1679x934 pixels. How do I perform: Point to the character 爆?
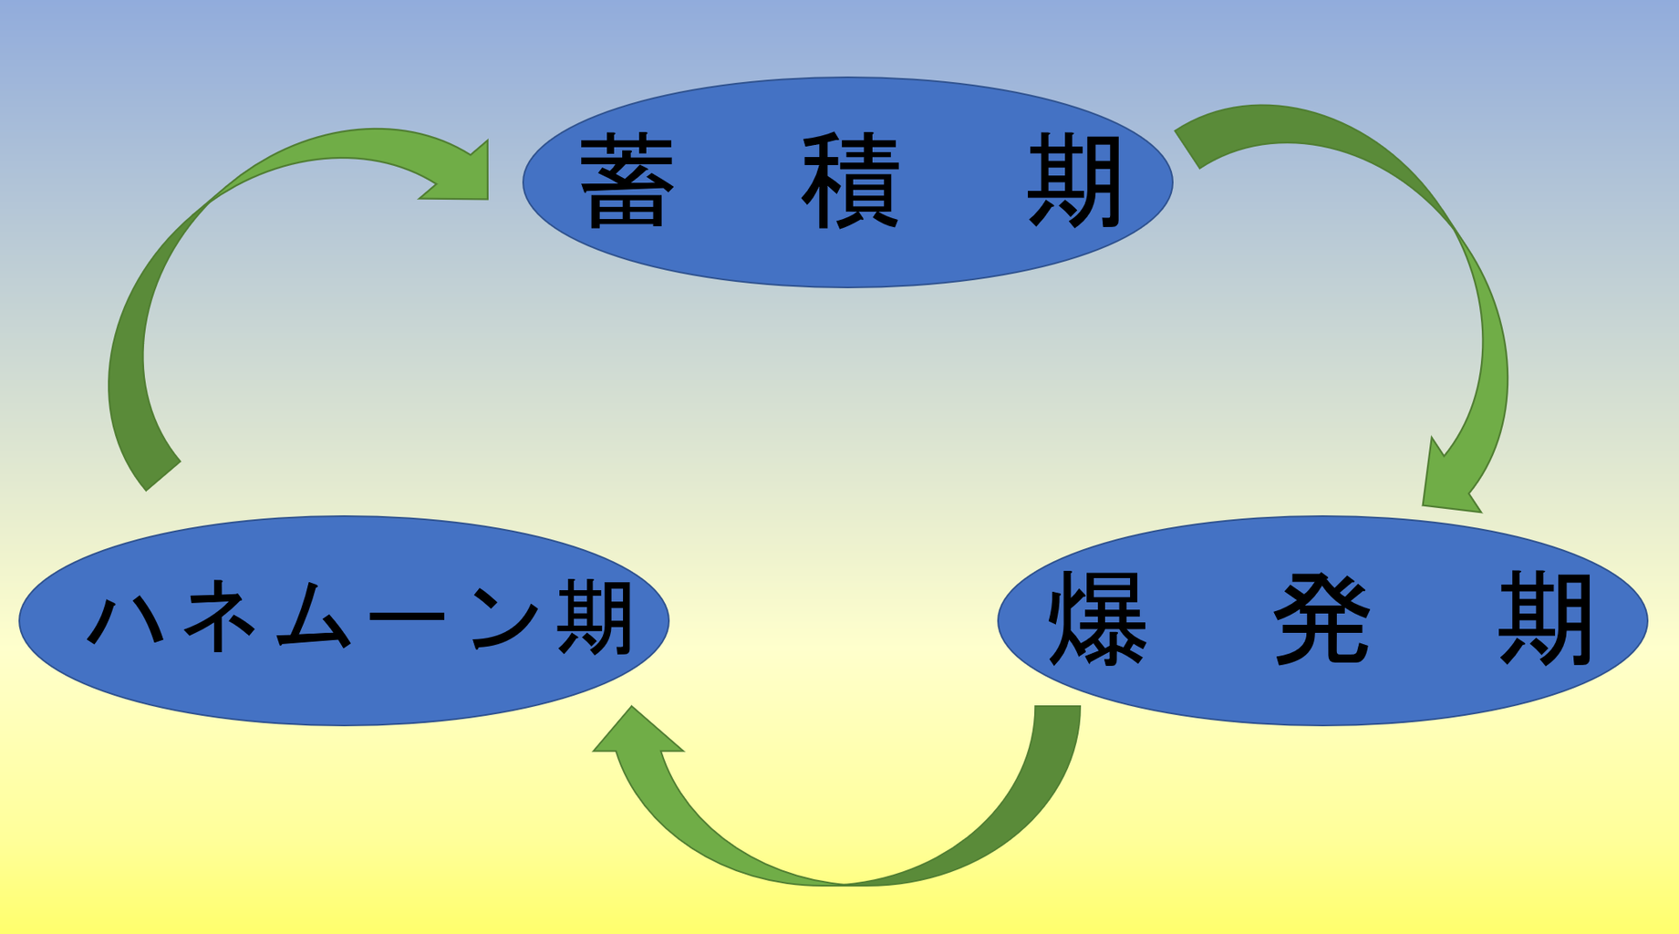(x=1098, y=620)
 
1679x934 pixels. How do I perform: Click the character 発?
(x=1321, y=620)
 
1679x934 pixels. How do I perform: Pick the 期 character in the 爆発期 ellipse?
(x=1546, y=620)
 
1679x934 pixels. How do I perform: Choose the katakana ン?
(x=506, y=620)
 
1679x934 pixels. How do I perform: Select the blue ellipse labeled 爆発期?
(x=1322, y=693)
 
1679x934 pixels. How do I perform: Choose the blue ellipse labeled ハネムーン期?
(x=344, y=693)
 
